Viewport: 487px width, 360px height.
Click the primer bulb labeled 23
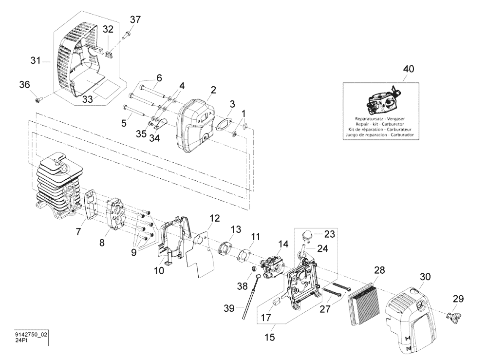coord(307,235)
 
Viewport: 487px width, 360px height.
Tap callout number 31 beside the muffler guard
coord(36,60)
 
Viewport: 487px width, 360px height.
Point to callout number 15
coord(269,337)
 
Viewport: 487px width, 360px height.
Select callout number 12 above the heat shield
coord(214,218)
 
